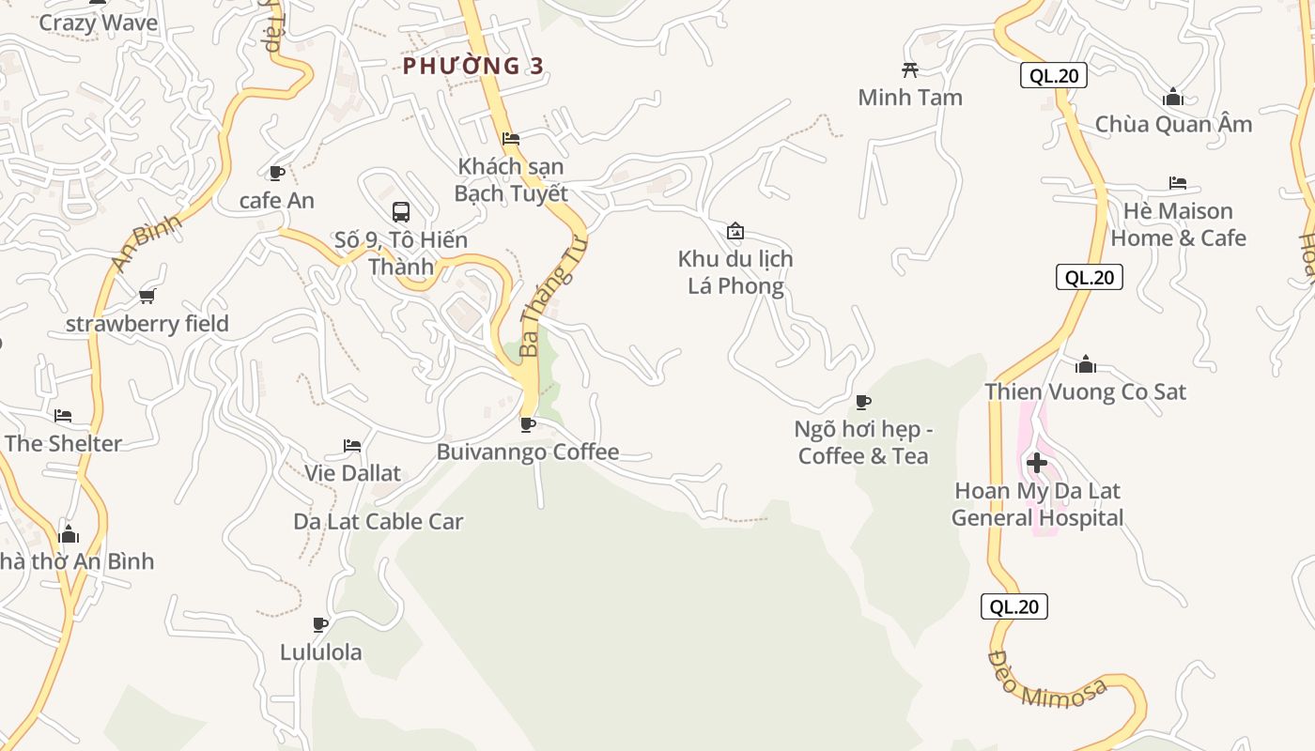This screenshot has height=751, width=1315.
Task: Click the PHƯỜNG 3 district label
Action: (x=473, y=66)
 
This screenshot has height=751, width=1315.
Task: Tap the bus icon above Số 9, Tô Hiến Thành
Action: (x=401, y=211)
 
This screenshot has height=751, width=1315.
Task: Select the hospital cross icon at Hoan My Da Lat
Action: (x=1037, y=463)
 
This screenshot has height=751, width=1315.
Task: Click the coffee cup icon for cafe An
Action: (x=276, y=173)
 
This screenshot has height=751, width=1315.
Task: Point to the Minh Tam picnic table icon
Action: (x=909, y=69)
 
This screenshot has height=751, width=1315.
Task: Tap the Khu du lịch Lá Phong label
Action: (x=735, y=272)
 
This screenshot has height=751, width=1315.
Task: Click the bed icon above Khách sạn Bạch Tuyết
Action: (x=511, y=138)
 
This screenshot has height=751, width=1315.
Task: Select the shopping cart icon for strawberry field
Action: (x=147, y=297)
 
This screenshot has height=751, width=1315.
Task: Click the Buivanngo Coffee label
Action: (x=528, y=452)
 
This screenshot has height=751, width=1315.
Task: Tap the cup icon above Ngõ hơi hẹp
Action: (x=862, y=402)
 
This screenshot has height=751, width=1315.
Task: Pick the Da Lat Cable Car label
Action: (x=379, y=522)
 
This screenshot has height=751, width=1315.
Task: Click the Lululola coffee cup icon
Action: (x=320, y=624)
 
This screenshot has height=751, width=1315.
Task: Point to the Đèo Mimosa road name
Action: (x=1047, y=681)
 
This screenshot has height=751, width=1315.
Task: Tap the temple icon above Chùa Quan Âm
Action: (x=1172, y=98)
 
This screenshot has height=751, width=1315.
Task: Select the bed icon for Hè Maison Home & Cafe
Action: (x=1178, y=183)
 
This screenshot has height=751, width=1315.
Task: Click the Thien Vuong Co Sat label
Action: (x=1085, y=392)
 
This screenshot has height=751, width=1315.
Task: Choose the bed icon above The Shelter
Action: (x=63, y=416)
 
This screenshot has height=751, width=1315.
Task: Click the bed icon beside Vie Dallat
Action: (x=352, y=445)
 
